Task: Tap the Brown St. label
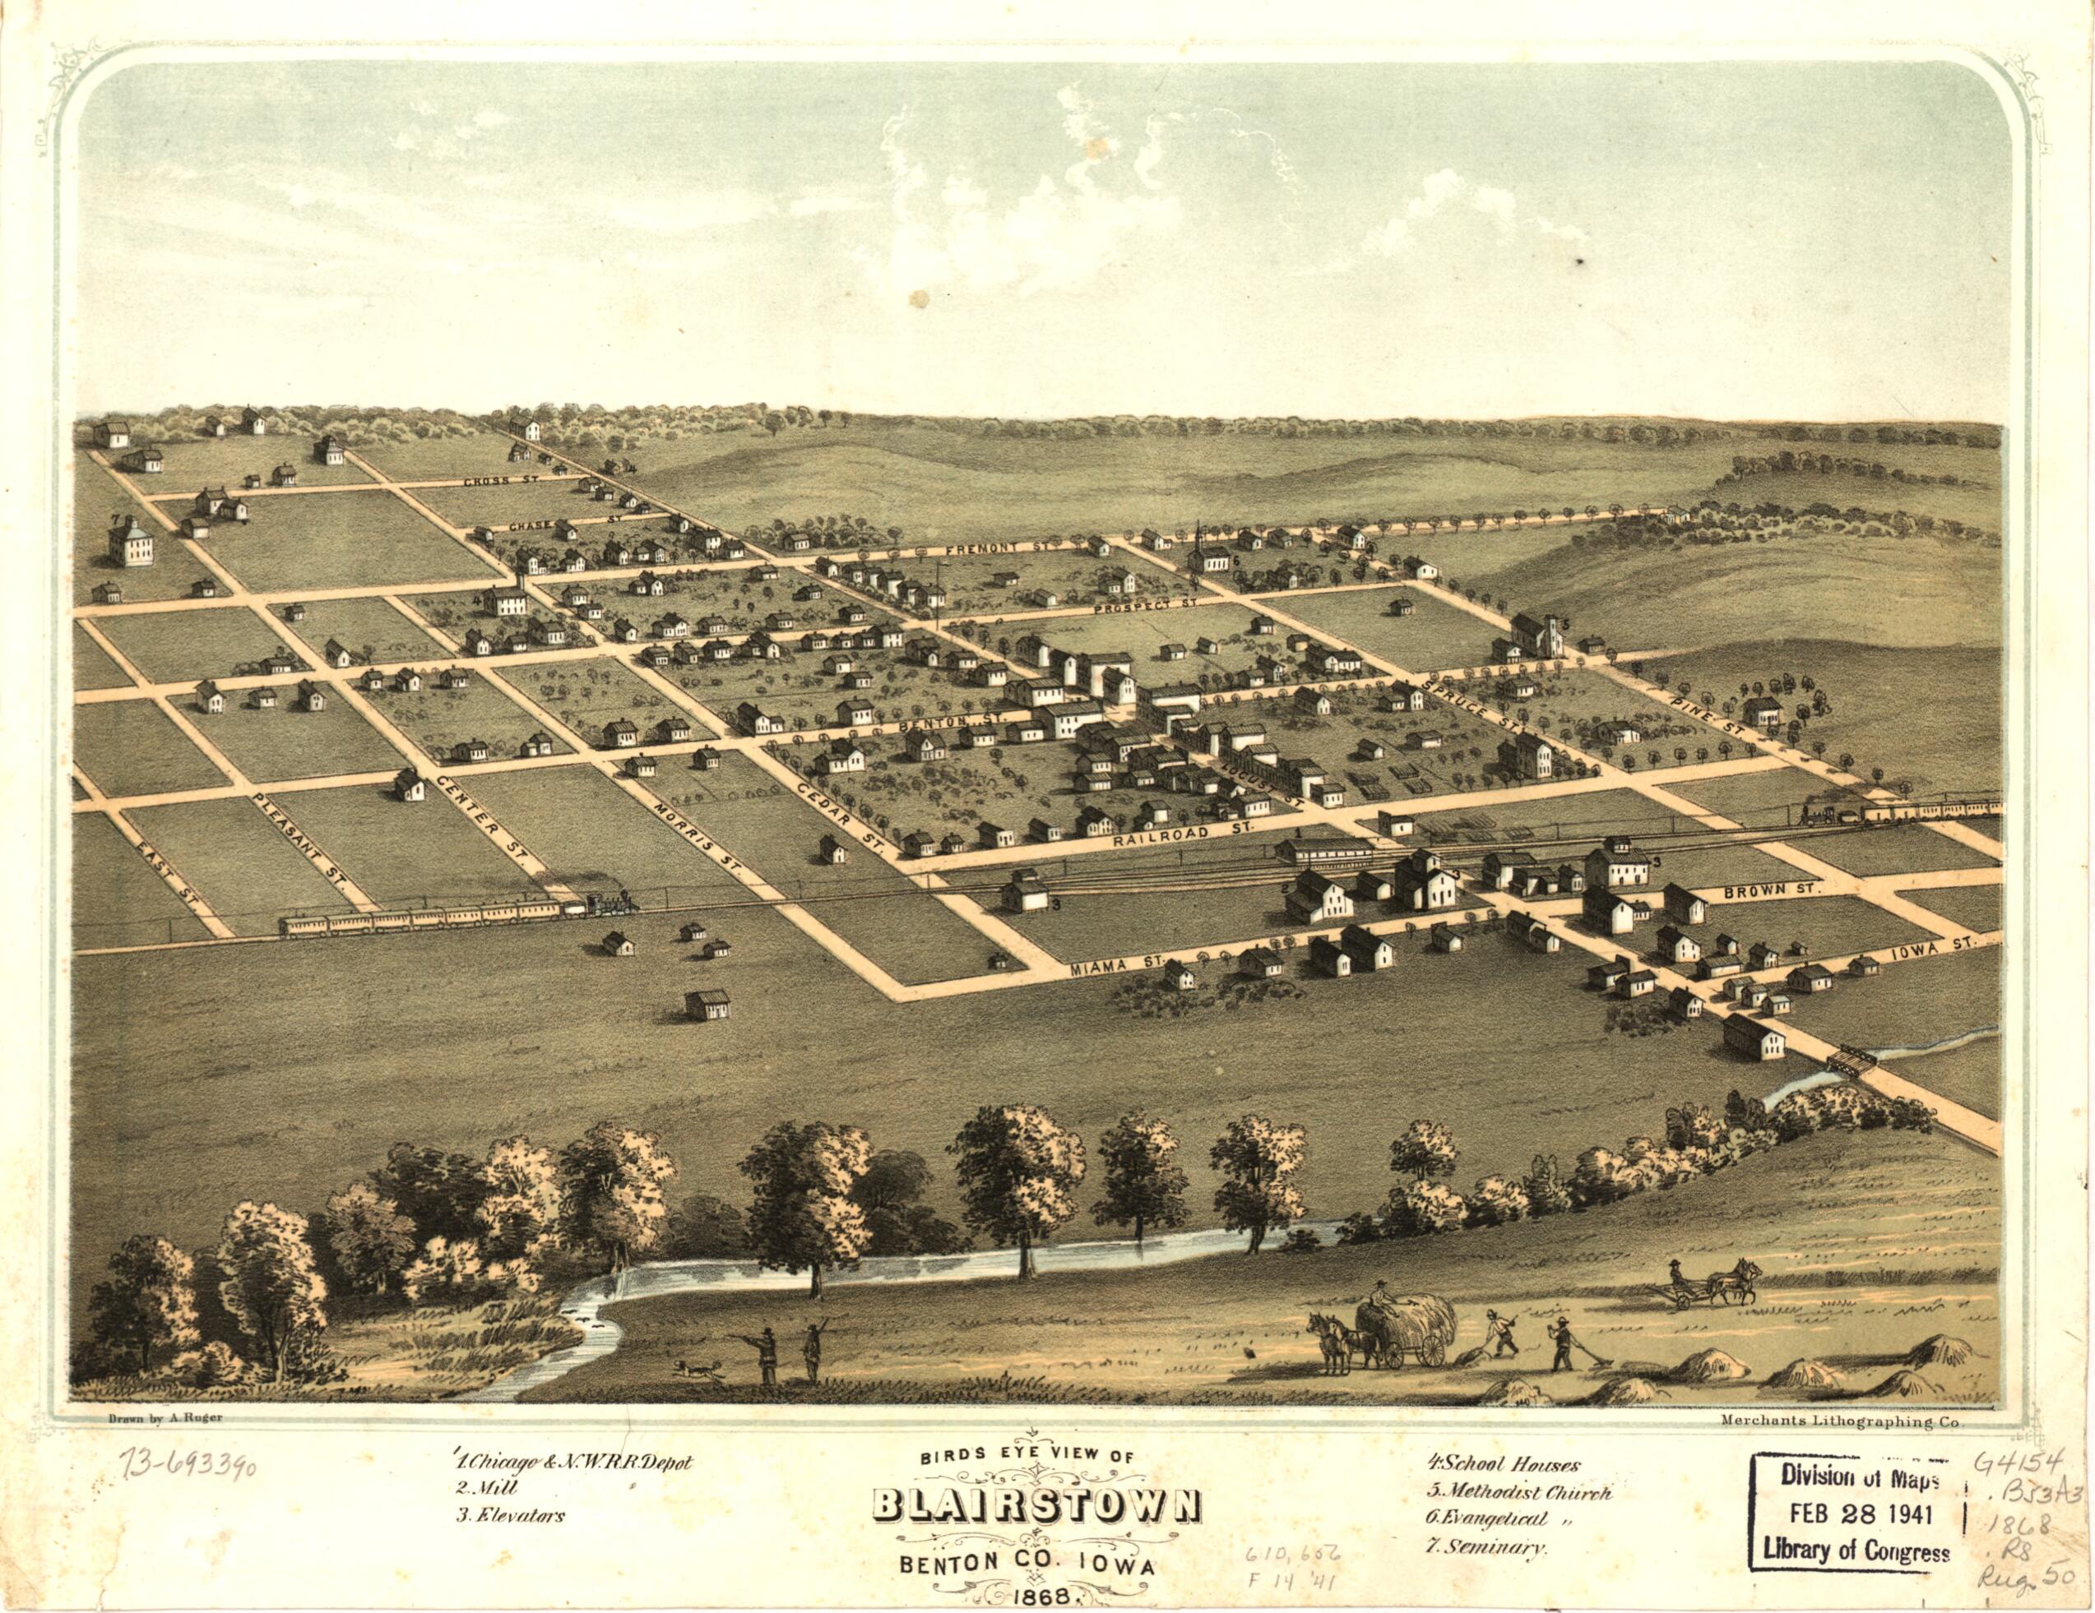coord(1768,889)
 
